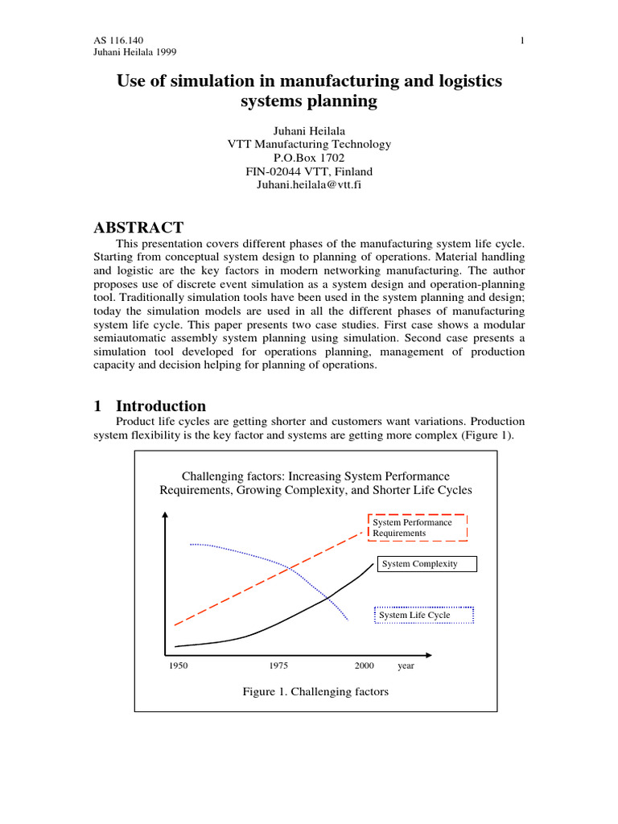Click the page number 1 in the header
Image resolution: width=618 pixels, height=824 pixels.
[522, 40]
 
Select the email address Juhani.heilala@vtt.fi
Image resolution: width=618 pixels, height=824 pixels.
[309, 185]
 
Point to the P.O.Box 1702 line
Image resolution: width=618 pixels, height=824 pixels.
[309, 158]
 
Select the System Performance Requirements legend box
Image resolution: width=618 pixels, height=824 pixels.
[418, 528]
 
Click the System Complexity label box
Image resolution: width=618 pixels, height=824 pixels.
[426, 564]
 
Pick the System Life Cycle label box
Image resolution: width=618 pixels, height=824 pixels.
[425, 616]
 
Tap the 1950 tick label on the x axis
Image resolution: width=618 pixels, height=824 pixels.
[178, 666]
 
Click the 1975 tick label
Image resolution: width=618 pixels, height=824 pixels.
[278, 666]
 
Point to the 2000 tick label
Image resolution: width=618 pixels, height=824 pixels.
[364, 666]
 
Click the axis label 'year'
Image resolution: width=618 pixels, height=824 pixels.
[406, 666]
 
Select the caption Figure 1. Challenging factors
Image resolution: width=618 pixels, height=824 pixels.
[315, 692]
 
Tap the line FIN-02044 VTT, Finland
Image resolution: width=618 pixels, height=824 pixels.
[309, 171]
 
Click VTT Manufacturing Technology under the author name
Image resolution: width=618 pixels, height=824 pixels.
[309, 144]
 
